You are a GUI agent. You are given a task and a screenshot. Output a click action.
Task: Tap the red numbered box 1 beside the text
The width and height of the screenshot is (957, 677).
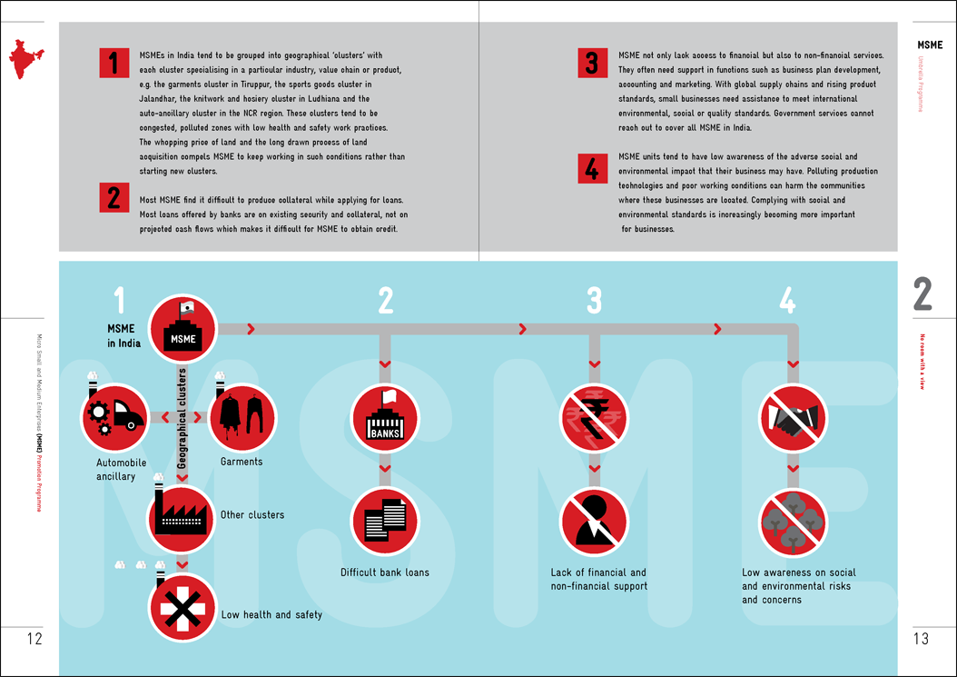coord(113,64)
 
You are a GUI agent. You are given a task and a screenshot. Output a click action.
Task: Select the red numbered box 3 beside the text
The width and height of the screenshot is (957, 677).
coord(591,64)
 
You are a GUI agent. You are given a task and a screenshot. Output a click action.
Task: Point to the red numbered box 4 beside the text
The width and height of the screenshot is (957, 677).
coord(591,168)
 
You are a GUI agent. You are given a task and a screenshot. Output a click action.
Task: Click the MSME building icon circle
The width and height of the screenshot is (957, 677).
coord(183,328)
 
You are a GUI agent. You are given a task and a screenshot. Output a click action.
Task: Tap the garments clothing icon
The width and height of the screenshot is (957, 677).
coord(242,417)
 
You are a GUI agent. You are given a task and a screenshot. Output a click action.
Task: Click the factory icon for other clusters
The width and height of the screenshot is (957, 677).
coord(183,513)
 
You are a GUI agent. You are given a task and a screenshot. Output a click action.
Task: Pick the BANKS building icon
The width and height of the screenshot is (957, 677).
coord(385,417)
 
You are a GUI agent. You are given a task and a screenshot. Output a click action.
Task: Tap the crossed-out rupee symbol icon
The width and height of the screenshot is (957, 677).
coord(594,417)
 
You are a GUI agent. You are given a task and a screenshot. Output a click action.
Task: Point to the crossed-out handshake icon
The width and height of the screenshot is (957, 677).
coord(793,417)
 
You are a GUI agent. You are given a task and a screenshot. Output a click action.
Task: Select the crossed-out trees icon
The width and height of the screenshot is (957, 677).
coord(793,522)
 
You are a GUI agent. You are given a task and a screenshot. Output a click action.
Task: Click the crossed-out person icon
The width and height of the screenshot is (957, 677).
coord(594,522)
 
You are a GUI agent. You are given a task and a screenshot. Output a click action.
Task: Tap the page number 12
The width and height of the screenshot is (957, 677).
coord(35,639)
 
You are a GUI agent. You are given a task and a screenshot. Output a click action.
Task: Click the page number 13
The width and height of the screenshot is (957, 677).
coord(921,639)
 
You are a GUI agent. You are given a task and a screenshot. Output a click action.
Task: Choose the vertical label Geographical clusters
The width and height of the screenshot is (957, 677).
coord(183,418)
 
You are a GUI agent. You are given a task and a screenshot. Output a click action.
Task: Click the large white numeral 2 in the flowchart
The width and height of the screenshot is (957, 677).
coord(386,301)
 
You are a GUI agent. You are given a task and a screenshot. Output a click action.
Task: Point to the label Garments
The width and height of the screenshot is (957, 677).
coord(242,462)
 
